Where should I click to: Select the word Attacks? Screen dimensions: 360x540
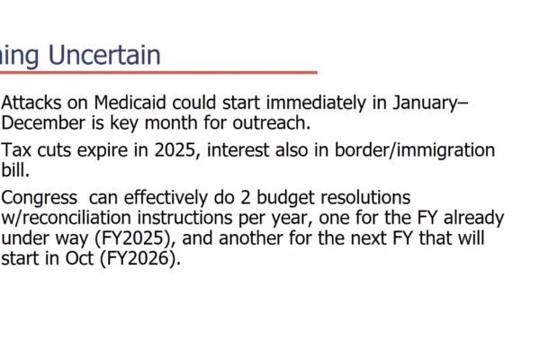(x=33, y=103)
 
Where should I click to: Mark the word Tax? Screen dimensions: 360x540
(x=18, y=149)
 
